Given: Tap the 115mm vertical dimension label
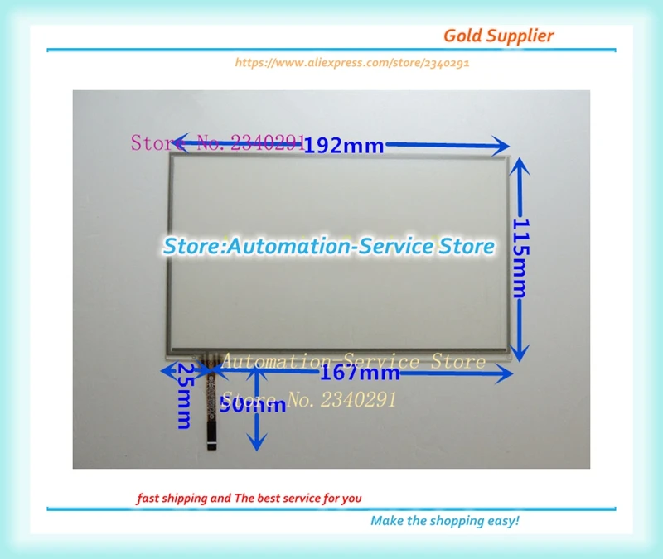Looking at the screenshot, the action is (x=520, y=258).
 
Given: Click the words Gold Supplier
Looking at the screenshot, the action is (x=498, y=36).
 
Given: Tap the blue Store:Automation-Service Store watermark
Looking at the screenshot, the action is (x=328, y=246).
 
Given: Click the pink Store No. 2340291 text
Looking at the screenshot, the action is (x=217, y=142).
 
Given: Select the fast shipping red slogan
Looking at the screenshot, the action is (x=249, y=498).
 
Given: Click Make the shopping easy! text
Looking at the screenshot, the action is (x=444, y=520).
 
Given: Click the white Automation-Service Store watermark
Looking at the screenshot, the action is (x=353, y=362).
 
